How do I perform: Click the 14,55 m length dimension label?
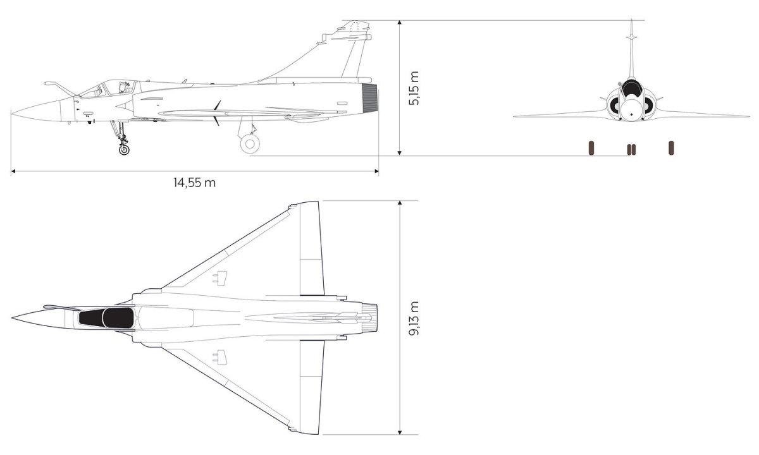click(x=195, y=183)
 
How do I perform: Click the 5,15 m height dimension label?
click(x=414, y=88)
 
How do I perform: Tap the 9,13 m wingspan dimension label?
click(x=414, y=318)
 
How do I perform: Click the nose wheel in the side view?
click(x=124, y=149)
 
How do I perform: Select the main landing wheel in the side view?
click(x=250, y=143)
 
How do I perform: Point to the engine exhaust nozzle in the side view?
click(x=369, y=98)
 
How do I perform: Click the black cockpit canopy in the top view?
click(x=106, y=318)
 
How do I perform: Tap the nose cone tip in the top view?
click(x=12, y=318)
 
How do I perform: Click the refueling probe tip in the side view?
click(x=46, y=83)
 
